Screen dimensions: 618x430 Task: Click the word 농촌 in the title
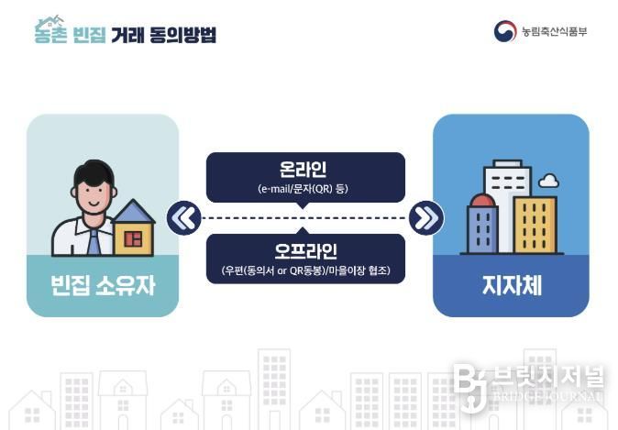pos(50,33)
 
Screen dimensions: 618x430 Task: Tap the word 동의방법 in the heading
pos(183,35)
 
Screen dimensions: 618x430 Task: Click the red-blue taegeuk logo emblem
pos(505,31)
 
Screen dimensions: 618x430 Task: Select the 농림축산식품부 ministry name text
pos(554,31)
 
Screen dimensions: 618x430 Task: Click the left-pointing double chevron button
pos(183,218)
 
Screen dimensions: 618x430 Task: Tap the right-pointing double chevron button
pos(426,218)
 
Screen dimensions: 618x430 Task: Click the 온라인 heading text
pos(303,170)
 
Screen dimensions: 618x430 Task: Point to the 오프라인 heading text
pos(306,251)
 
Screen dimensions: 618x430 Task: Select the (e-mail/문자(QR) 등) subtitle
pos(303,189)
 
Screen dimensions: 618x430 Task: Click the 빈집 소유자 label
pos(103,285)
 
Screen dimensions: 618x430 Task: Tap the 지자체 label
pos(512,285)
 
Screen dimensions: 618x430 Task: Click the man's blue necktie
pos(94,242)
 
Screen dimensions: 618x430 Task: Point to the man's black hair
pos(94,173)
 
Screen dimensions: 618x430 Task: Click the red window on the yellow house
pos(133,238)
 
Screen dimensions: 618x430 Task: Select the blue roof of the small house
pos(134,211)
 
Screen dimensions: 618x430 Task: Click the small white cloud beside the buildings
pos(548,181)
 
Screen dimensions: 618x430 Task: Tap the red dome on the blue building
pos(482,200)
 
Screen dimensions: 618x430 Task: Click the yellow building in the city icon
pos(535,225)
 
